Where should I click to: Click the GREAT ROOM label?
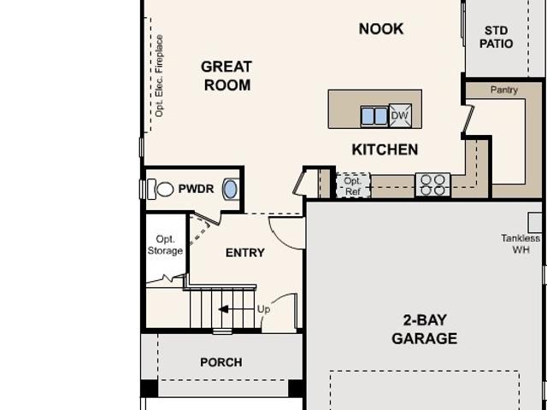click(x=226, y=76)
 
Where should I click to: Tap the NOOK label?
click(x=381, y=29)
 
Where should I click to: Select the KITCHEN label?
click(x=385, y=149)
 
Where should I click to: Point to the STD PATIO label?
click(x=496, y=37)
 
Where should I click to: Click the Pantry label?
click(x=504, y=90)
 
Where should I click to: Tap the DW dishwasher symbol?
click(x=400, y=115)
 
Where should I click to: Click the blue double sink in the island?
click(x=374, y=116)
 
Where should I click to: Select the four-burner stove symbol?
click(x=432, y=184)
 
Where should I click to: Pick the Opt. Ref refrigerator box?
click(x=353, y=186)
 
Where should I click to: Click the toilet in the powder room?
click(x=161, y=190)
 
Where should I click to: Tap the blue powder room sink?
click(x=230, y=189)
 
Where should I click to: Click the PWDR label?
click(x=196, y=189)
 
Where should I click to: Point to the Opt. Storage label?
click(x=165, y=245)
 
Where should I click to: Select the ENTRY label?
click(x=245, y=253)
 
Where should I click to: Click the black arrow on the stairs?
click(x=223, y=309)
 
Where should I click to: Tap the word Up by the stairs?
click(x=263, y=309)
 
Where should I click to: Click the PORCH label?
click(x=221, y=362)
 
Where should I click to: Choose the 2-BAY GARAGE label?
click(x=425, y=329)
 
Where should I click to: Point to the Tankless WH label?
click(x=521, y=243)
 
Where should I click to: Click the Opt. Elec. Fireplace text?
click(x=159, y=76)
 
